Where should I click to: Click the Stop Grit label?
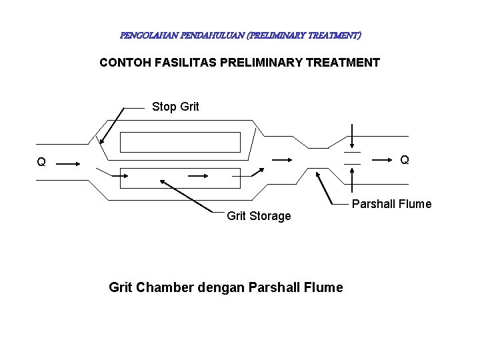tap(175, 107)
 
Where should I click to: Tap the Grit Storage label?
tap(259, 216)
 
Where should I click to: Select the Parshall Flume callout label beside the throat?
tap(391, 204)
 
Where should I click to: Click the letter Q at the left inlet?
tap(41, 162)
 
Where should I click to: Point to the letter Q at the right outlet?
tap(405, 160)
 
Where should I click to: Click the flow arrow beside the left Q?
tap(70, 162)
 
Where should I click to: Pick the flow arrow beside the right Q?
tap(381, 160)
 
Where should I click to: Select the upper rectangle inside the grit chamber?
tap(180, 142)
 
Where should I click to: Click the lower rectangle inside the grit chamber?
tap(180, 178)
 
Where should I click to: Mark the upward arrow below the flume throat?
tap(352, 178)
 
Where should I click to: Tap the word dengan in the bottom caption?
tap(222, 288)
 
